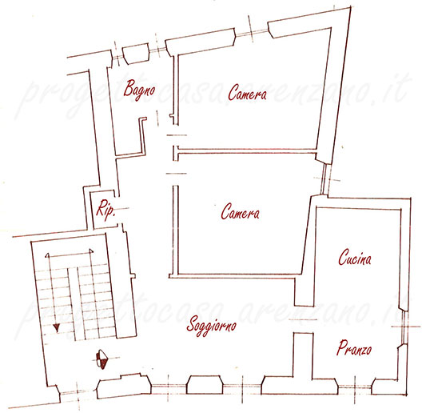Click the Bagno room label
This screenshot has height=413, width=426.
tap(139, 89)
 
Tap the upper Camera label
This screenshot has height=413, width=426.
tap(247, 92)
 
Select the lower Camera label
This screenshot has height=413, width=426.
tap(240, 211)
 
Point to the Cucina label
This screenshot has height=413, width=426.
tap(355, 257)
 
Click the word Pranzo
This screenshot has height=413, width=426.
tap(354, 347)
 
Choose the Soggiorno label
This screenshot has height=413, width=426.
tap(211, 326)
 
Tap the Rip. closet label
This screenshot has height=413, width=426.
tap(106, 210)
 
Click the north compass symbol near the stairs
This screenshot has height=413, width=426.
tap(102, 359)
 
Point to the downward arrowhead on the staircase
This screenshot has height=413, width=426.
tap(56, 327)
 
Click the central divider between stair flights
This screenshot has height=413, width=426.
tap(73, 303)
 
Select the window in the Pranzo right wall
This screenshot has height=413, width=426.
tap(404, 327)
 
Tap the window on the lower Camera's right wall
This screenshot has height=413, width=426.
tap(324, 178)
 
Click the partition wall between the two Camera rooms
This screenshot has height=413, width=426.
tap(247, 151)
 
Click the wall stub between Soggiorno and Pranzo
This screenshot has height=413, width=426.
tap(303, 355)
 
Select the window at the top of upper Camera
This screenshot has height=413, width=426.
tap(252, 32)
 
